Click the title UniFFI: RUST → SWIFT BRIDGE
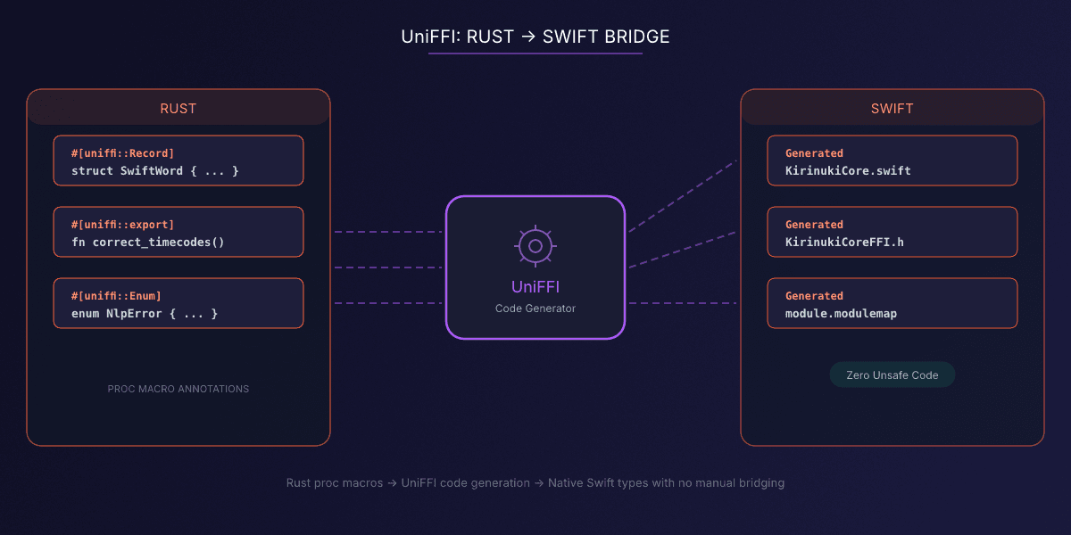pos(535,37)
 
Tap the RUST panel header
pos(178,108)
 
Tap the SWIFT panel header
pos(892,108)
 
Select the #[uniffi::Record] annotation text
pos(122,152)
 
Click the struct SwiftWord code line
pos(154,170)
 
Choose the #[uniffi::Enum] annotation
pos(116,295)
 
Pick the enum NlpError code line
pos(145,313)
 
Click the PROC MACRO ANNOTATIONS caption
pos(178,389)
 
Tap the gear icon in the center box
pos(535,245)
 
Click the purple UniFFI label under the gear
pos(535,286)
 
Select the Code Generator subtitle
pos(535,309)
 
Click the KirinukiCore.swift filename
pos(848,170)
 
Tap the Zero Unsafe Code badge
pos(892,375)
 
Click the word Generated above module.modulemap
pos(814,295)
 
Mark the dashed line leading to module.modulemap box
pos(683,303)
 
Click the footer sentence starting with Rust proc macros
pos(535,482)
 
